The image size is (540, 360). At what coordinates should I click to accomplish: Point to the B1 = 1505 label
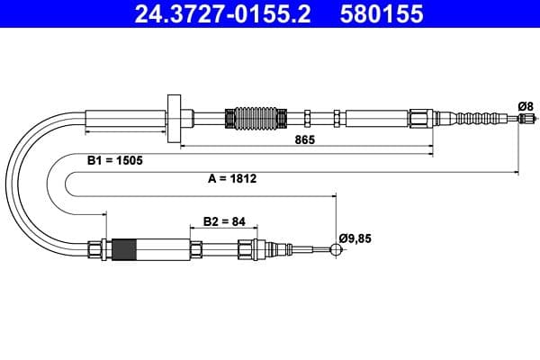point(115,159)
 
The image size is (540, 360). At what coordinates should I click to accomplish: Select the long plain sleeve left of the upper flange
point(126,118)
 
